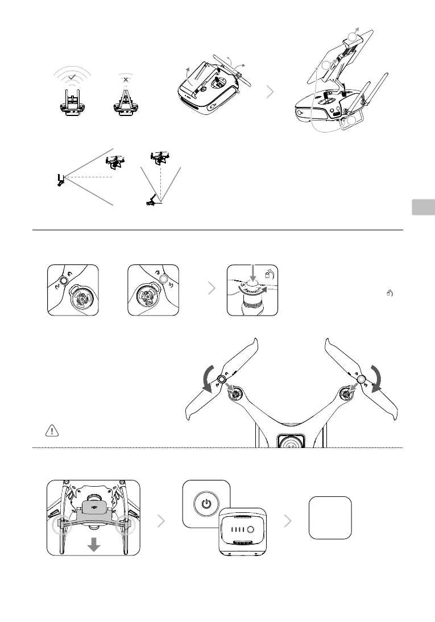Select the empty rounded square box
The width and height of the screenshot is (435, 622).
(x=330, y=517)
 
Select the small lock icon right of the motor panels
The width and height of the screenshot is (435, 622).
(x=390, y=293)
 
